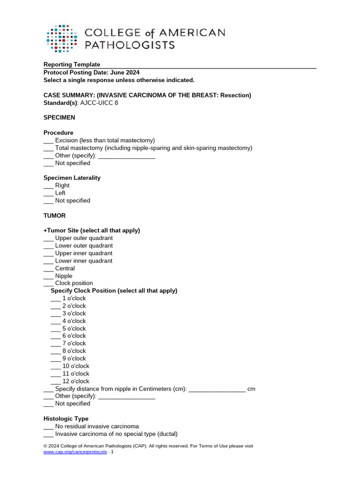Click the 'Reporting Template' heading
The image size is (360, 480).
[x=72, y=65]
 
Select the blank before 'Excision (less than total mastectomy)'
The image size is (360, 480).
[x=49, y=141]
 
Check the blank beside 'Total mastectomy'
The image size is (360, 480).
[x=49, y=148]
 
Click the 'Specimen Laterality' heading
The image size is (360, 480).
[x=72, y=178]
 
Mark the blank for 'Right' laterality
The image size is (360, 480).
[x=49, y=186]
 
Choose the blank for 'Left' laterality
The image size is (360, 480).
[x=49, y=193]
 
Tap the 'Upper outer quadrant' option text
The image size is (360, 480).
[x=84, y=238]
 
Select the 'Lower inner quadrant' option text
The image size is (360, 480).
[x=84, y=261]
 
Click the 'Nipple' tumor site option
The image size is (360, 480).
[x=64, y=276]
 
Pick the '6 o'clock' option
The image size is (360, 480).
[x=74, y=336]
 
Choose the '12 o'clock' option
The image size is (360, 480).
[x=75, y=381]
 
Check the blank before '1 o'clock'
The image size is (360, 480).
[x=56, y=299]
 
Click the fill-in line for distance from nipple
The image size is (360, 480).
[x=217, y=390]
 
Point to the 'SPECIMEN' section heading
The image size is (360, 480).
[x=60, y=118]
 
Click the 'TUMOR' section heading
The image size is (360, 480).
[x=54, y=216]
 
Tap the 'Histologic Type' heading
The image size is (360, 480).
[x=66, y=419]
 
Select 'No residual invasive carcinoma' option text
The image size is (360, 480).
[x=97, y=427]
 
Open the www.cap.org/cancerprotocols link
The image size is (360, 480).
[x=75, y=452]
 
